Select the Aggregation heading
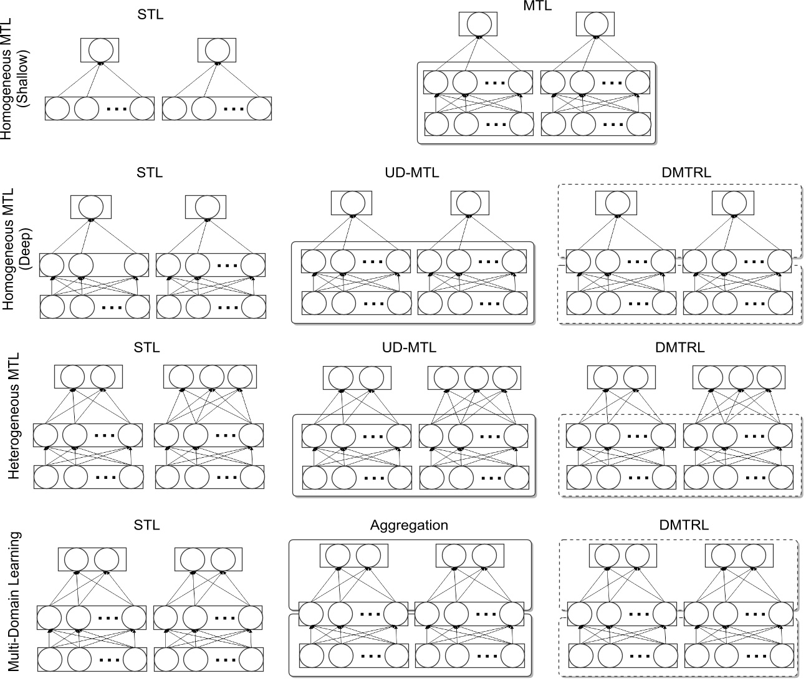(x=409, y=525)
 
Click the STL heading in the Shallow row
(x=150, y=14)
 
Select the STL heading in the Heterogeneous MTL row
(x=146, y=347)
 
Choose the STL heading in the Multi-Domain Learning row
(x=146, y=525)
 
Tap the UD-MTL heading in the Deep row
(x=411, y=173)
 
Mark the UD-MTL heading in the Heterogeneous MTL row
(x=409, y=347)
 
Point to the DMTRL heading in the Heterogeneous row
(x=680, y=347)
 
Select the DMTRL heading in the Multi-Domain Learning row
(x=684, y=525)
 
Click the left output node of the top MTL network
(x=478, y=24)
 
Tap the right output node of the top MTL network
(x=595, y=24)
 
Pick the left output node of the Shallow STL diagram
(x=100, y=50)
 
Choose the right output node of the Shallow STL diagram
(x=217, y=50)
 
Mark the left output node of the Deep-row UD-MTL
(x=352, y=203)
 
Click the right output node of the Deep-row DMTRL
(x=734, y=203)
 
